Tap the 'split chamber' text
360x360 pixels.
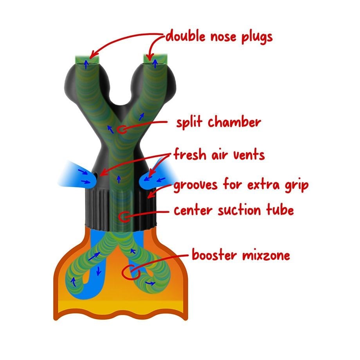click(x=218, y=122)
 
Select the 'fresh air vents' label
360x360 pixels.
click(x=219, y=155)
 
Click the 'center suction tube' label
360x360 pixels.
click(x=234, y=211)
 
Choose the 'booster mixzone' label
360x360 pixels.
click(x=241, y=256)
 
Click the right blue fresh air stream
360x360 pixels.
click(x=158, y=176)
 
